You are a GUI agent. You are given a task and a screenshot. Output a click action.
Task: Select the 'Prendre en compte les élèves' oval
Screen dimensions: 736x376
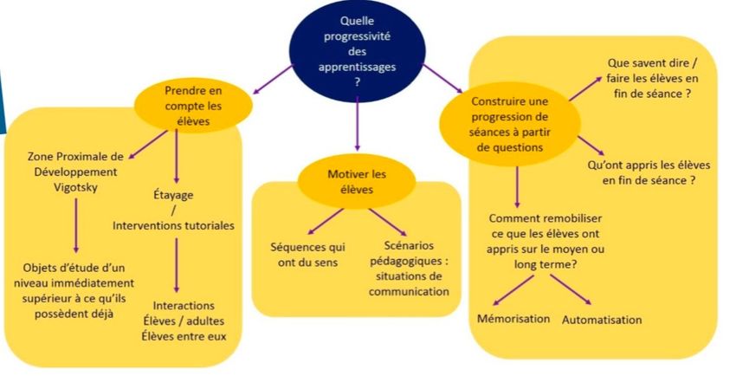(193, 106)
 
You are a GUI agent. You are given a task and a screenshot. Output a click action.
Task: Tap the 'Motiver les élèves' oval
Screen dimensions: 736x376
(357, 182)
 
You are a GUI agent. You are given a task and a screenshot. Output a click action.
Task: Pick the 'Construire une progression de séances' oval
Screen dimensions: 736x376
(510, 125)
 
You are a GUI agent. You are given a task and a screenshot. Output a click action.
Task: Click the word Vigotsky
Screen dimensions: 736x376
(75, 188)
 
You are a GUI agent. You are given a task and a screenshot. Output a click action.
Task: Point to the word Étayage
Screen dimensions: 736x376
(173, 194)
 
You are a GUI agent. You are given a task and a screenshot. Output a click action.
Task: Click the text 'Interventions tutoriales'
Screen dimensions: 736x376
(173, 225)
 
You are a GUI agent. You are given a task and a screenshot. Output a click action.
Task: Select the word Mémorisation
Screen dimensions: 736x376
(513, 319)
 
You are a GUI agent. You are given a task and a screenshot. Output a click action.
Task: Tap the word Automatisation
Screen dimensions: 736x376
(602, 320)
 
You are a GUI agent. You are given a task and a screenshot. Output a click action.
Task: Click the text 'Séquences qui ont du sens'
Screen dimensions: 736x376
(307, 255)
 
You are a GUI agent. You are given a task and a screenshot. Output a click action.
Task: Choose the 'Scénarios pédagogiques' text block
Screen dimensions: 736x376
(409, 269)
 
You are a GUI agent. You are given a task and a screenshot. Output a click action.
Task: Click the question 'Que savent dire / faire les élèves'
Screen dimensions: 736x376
(653, 78)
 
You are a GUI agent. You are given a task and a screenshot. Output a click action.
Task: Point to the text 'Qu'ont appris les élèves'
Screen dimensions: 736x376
(649, 172)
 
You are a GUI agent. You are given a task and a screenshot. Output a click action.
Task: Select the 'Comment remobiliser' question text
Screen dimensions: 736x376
(545, 241)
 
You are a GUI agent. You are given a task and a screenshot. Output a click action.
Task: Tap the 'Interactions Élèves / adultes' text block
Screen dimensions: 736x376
(184, 321)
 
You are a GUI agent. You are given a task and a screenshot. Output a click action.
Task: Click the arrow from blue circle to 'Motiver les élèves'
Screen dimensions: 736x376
(358, 123)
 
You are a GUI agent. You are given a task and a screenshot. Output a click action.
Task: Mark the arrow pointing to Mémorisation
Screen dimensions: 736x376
(513, 290)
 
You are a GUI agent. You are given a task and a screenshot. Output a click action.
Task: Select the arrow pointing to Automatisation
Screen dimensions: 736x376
(571, 289)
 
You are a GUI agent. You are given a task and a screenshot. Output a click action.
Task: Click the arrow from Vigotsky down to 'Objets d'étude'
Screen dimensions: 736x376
(76, 225)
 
